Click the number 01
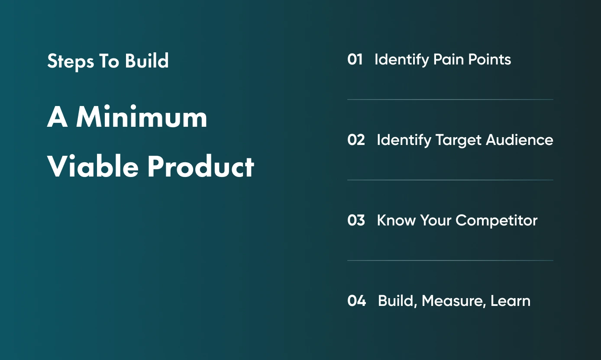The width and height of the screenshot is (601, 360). (x=355, y=59)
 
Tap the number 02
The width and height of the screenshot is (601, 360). (x=356, y=140)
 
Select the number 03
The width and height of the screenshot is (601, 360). (x=356, y=220)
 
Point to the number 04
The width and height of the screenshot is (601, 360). (x=356, y=301)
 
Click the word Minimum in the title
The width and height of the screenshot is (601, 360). (x=142, y=117)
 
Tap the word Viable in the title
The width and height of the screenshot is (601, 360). (x=94, y=167)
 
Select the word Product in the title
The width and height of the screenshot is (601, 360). (x=200, y=167)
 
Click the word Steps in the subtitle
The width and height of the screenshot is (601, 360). (x=71, y=61)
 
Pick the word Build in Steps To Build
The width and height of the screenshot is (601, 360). (x=147, y=61)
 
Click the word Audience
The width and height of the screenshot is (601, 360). (x=520, y=140)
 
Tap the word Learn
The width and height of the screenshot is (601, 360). (x=510, y=301)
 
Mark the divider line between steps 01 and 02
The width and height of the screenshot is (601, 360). (x=450, y=100)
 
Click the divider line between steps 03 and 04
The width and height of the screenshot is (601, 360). (x=450, y=260)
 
